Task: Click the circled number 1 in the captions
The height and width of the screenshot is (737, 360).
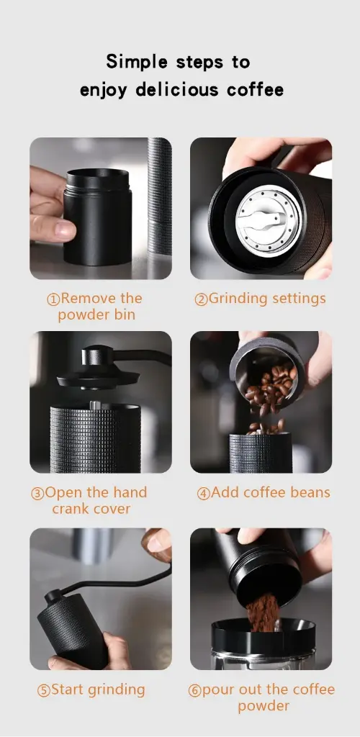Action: [53, 299]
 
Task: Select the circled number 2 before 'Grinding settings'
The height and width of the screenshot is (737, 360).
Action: [201, 299]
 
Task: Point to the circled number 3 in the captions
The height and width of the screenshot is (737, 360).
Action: [37, 494]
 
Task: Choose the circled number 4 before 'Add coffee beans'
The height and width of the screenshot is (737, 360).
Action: [204, 494]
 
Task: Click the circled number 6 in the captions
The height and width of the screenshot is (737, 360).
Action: [194, 691]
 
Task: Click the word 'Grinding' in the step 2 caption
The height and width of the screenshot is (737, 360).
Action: [235, 299]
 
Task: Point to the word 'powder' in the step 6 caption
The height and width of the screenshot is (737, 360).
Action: [264, 706]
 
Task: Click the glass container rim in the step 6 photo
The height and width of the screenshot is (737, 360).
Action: [263, 627]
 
